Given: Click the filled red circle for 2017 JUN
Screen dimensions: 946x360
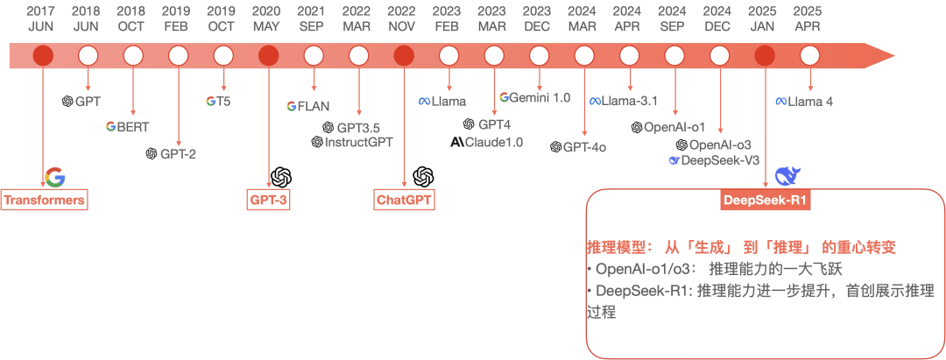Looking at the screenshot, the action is [x=43, y=56].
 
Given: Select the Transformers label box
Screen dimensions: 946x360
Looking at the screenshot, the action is [x=44, y=200].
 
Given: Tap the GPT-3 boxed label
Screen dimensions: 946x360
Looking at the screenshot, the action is [x=268, y=200].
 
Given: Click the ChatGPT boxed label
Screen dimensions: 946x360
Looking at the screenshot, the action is [x=404, y=200].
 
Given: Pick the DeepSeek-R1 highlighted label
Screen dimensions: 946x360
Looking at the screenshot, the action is [x=765, y=201].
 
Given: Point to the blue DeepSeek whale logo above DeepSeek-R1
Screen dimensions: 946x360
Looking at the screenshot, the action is [x=787, y=176].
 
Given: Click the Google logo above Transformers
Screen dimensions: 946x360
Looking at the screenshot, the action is [x=55, y=177].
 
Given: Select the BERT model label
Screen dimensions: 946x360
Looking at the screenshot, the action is [x=127, y=127].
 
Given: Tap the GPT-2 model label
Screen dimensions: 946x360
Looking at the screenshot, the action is [x=171, y=154].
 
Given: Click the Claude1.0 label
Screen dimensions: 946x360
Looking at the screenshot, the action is [x=486, y=142].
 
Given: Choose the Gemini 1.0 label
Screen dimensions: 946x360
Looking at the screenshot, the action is [x=534, y=98].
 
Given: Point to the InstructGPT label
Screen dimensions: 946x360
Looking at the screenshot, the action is [x=352, y=142].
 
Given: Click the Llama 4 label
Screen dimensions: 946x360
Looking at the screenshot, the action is [x=804, y=102].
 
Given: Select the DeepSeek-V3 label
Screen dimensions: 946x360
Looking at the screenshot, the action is [x=714, y=159].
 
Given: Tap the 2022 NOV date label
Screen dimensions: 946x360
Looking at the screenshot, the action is [x=403, y=18].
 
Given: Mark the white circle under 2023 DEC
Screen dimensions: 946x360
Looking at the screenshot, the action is [x=539, y=56].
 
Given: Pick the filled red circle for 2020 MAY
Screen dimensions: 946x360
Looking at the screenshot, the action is [x=269, y=56].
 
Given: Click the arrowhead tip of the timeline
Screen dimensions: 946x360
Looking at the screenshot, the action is [x=894, y=57].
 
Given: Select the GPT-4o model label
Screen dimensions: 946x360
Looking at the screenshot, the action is [x=578, y=146].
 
